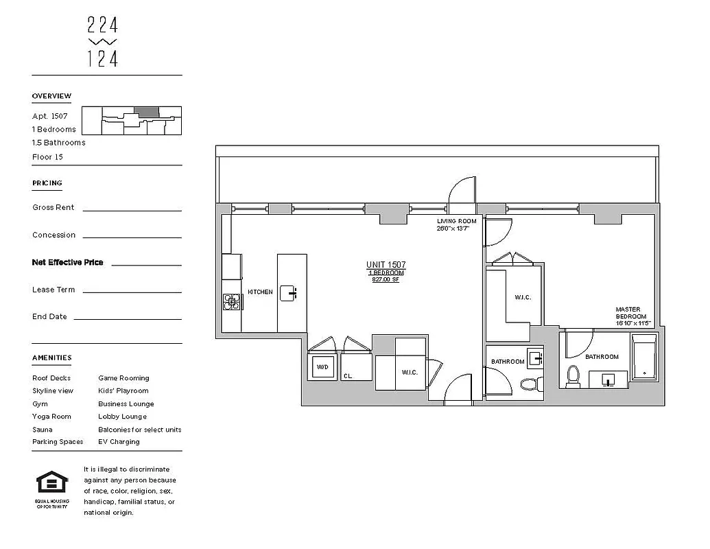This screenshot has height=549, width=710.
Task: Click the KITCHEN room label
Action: (260, 292)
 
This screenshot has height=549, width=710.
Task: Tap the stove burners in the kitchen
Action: (230, 301)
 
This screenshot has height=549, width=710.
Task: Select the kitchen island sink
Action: (292, 293)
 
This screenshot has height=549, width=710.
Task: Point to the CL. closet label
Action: (348, 376)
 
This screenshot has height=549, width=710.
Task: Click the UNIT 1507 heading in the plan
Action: (386, 265)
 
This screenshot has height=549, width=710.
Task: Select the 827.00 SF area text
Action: (386, 280)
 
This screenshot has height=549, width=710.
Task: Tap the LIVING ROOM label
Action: (457, 221)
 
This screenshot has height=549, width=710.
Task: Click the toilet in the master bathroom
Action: (574, 375)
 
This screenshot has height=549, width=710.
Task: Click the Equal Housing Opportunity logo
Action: (51, 484)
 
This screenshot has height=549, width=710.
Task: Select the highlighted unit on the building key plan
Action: (145, 111)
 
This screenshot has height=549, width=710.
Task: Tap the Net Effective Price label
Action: (67, 262)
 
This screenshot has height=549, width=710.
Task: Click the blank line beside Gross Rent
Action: (132, 210)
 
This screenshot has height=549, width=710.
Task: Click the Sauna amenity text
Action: (43, 430)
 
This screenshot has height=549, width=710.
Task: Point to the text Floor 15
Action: (47, 157)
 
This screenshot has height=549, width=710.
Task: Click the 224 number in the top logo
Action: (103, 25)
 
